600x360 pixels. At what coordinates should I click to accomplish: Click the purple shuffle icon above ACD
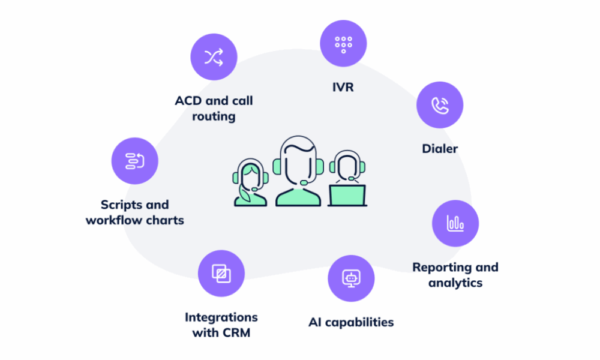[x=214, y=57]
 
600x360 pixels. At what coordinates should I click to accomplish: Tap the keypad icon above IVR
[x=343, y=43]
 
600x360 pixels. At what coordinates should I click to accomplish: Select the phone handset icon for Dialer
[x=440, y=105]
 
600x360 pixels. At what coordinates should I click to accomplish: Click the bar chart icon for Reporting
[x=455, y=223]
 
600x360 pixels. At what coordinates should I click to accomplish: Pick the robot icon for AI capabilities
[x=351, y=278]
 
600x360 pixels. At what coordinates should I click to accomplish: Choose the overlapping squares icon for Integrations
[x=221, y=274]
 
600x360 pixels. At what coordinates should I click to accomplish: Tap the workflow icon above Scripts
[x=135, y=161]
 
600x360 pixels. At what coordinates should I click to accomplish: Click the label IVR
[x=343, y=87]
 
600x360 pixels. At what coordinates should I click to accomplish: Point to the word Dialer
[x=440, y=148]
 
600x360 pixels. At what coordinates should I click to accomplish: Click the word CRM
[x=235, y=332]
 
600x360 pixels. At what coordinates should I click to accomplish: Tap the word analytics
[x=455, y=283]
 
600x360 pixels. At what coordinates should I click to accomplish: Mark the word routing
[x=214, y=116]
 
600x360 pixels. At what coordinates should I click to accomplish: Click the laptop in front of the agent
[x=347, y=194]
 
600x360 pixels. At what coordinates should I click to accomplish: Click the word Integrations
[x=221, y=317]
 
